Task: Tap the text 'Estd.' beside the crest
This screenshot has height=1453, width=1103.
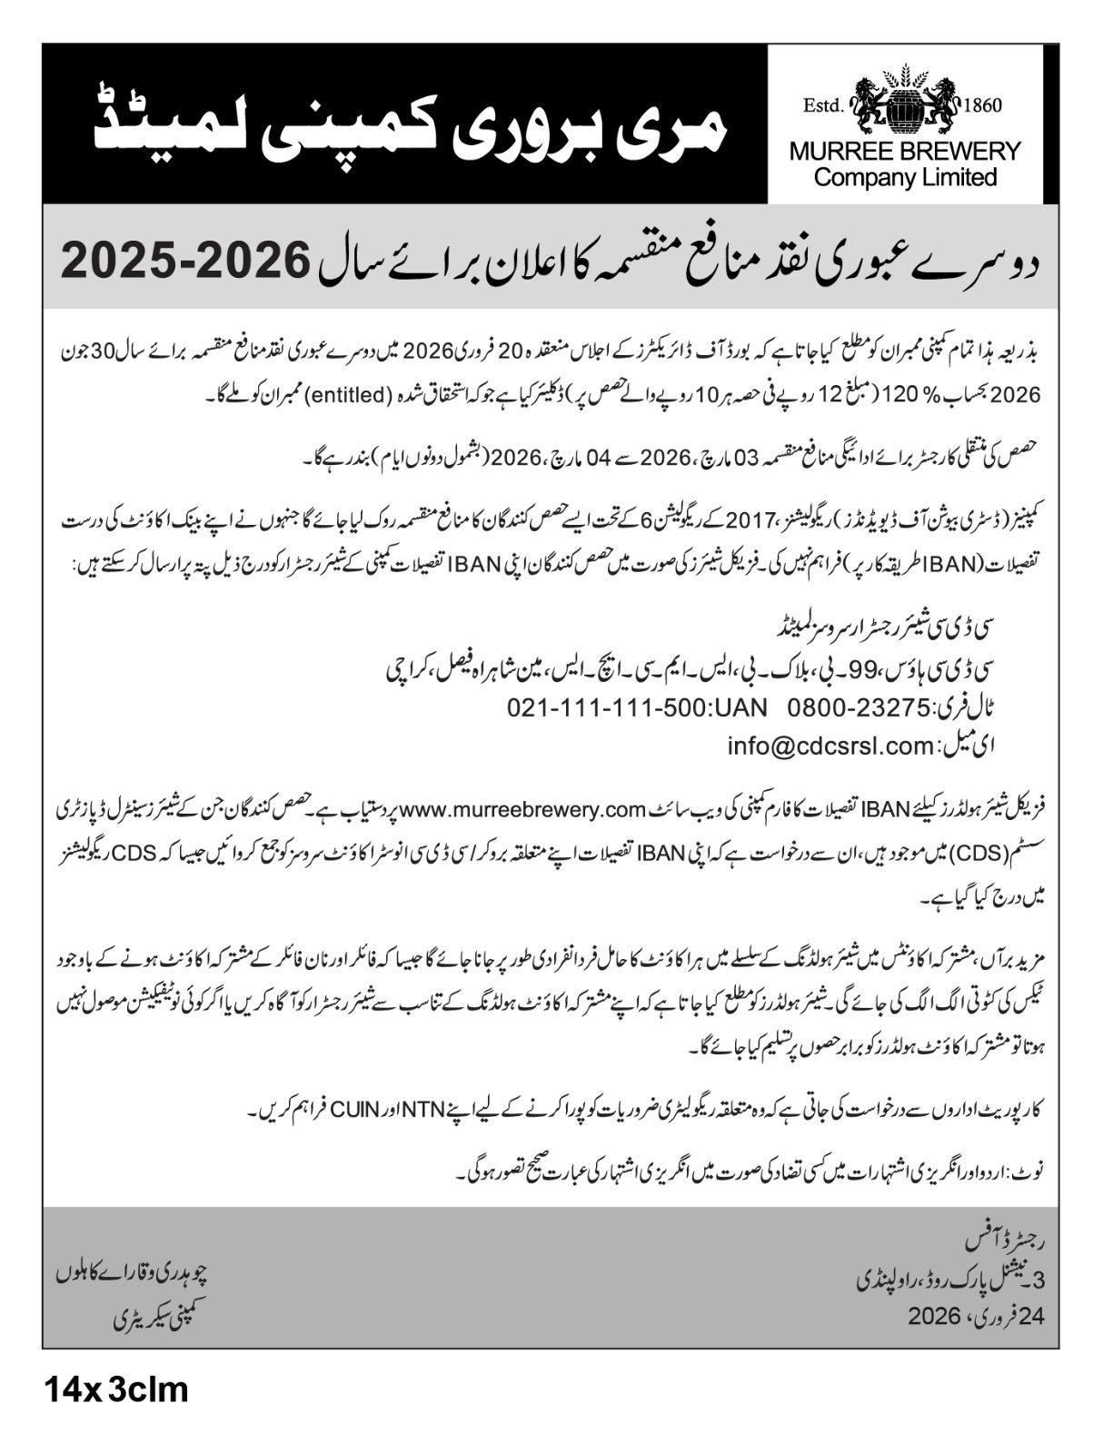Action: pyautogui.click(x=823, y=106)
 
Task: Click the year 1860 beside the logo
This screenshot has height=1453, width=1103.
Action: pyautogui.click(x=981, y=105)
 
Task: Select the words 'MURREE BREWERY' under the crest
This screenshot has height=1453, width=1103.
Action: pyautogui.click(x=905, y=151)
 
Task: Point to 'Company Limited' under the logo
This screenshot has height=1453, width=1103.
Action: pyautogui.click(x=905, y=176)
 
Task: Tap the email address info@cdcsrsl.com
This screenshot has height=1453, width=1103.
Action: pyautogui.click(x=830, y=746)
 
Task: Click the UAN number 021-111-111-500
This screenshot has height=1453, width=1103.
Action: pyautogui.click(x=637, y=707)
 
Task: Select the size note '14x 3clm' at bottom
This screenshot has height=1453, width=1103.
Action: pyautogui.click(x=114, y=1390)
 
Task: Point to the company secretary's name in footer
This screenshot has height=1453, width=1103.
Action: pyautogui.click(x=134, y=1273)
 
